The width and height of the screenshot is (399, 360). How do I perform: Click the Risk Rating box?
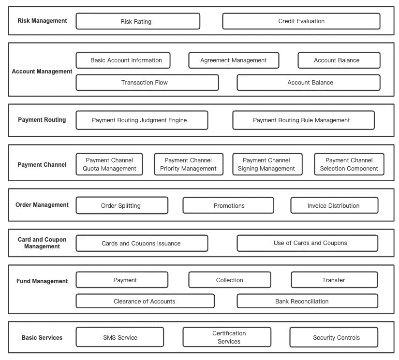coord(138,21)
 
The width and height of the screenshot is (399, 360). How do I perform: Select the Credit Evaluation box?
coord(301,21)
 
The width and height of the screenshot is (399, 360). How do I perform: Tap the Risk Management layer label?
coord(42,21)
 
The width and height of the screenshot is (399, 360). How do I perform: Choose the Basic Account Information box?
coord(123,60)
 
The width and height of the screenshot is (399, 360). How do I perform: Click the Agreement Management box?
coord(234,60)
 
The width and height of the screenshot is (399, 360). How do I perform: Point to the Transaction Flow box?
coord(148,82)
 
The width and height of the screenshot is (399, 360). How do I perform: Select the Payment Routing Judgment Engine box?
coord(142,120)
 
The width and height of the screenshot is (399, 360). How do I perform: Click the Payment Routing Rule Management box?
coord(304,120)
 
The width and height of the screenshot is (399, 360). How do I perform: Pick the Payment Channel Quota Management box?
coord(109,164)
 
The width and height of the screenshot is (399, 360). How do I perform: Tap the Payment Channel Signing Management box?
coord(267,164)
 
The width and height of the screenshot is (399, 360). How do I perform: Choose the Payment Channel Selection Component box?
coord(349,164)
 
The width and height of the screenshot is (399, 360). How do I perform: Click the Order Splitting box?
coord(122,205)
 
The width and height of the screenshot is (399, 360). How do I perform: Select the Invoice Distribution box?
coord(334,205)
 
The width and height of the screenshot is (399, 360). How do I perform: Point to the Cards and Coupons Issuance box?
coord(142,244)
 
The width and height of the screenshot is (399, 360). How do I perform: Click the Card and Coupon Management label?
coord(42,243)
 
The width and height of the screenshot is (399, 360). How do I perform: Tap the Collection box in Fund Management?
coord(230,280)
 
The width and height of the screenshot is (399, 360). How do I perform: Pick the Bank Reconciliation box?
coord(308,301)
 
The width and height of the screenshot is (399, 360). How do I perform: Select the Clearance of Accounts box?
coord(145,301)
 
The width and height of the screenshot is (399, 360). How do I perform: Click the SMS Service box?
coord(120,337)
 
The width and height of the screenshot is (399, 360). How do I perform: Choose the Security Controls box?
coord(334,337)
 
